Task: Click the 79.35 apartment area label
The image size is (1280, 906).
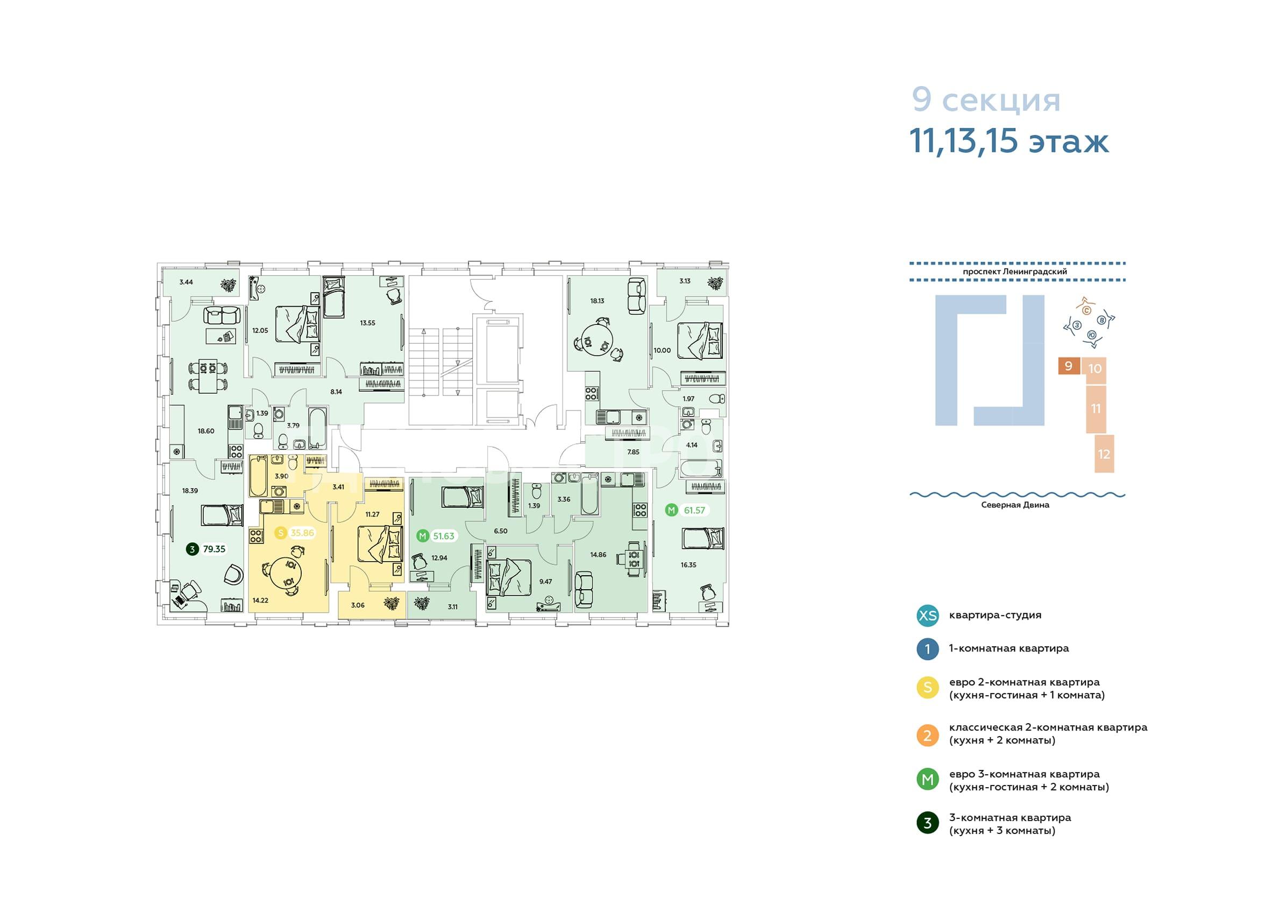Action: click(x=214, y=549)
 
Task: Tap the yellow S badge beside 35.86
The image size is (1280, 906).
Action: click(x=281, y=533)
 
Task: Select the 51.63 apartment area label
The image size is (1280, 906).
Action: click(x=444, y=536)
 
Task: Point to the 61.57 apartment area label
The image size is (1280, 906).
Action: click(x=694, y=510)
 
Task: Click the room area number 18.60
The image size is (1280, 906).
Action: click(x=206, y=431)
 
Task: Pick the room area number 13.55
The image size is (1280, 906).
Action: click(x=367, y=322)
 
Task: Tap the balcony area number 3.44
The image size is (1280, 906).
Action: click(x=186, y=282)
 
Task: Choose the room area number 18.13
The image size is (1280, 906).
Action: click(x=598, y=301)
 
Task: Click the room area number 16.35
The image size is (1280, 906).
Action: click(x=688, y=564)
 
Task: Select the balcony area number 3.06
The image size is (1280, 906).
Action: click(x=358, y=605)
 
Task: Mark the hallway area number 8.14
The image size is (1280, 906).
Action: click(x=336, y=392)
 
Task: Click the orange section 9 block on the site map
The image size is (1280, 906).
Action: click(x=1069, y=366)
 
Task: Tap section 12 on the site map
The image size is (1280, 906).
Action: click(x=1104, y=454)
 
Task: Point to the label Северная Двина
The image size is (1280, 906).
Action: click(x=1015, y=505)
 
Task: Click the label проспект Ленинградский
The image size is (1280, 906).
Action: click(x=1014, y=271)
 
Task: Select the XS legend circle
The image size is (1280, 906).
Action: click(x=928, y=615)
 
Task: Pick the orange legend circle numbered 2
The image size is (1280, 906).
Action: click(x=928, y=735)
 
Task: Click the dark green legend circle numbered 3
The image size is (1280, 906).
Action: click(x=928, y=823)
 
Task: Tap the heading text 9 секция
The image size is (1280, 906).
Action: click(x=986, y=101)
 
